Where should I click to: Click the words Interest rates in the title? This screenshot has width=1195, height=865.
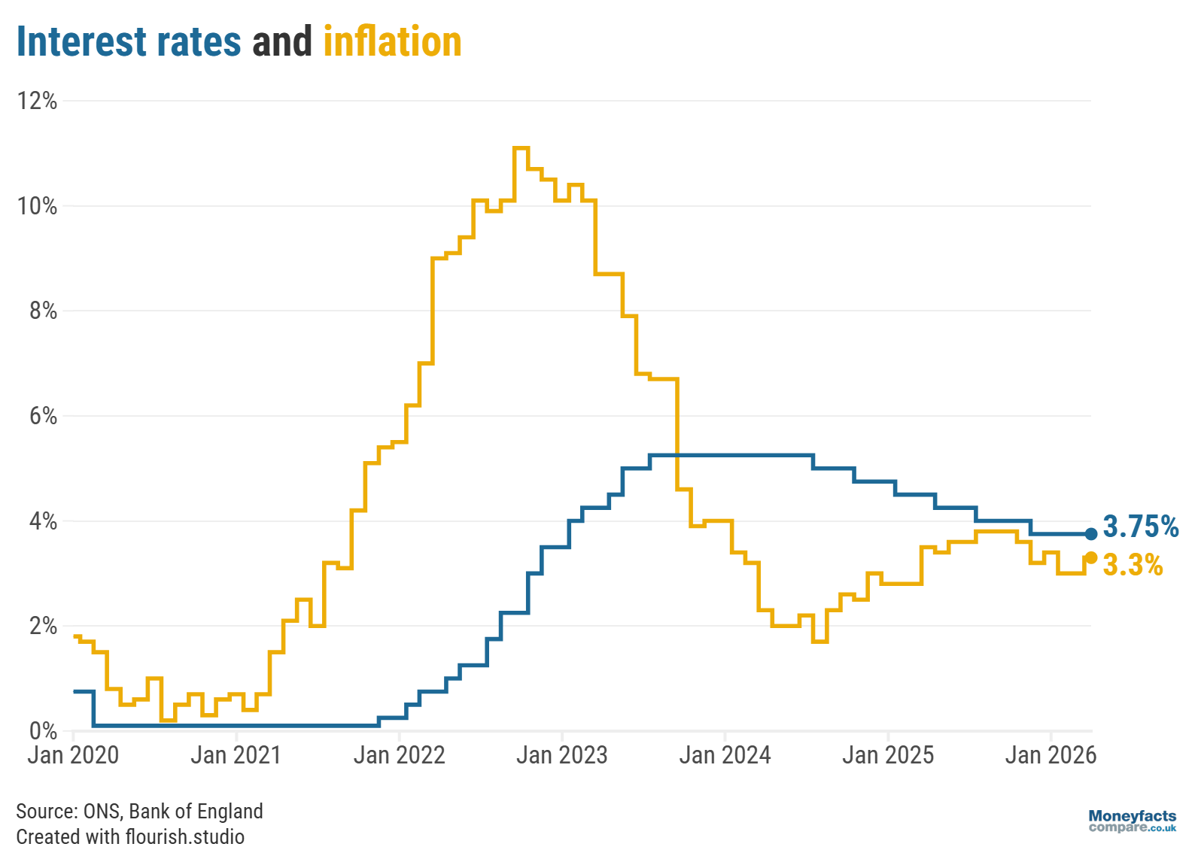click(129, 42)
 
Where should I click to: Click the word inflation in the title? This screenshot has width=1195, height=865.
click(392, 42)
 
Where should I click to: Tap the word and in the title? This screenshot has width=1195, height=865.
click(282, 42)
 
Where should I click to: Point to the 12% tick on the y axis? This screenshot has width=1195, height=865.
click(38, 101)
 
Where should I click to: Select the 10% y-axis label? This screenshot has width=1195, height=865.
click(38, 206)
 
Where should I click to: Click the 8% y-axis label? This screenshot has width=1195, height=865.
click(43, 311)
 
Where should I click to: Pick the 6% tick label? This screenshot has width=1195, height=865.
click(43, 416)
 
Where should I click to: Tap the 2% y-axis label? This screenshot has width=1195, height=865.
click(43, 626)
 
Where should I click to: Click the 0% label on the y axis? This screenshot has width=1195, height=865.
click(43, 730)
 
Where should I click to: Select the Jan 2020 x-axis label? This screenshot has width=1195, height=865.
click(73, 755)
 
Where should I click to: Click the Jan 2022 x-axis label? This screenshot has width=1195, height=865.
click(399, 755)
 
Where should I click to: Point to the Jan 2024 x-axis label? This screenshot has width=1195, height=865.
click(725, 755)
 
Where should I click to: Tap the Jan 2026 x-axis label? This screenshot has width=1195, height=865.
click(1051, 755)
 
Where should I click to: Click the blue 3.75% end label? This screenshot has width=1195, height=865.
click(1140, 527)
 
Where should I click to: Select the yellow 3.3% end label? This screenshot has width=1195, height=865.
click(1133, 566)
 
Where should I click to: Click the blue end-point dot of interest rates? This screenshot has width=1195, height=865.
click(1091, 534)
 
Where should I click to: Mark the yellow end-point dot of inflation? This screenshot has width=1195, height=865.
click(1091, 557)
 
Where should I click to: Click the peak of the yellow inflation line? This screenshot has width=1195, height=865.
click(521, 148)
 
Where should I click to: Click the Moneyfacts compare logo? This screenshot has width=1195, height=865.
click(1132, 821)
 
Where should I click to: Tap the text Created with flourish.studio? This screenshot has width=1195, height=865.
click(130, 837)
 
